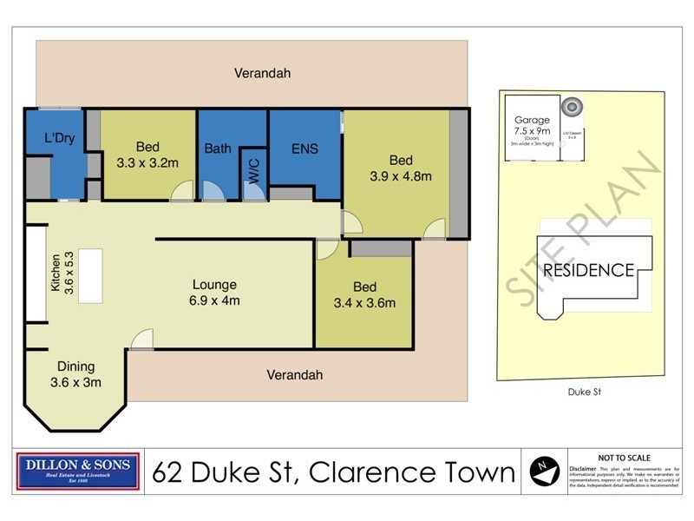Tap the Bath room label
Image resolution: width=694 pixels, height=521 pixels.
point(218,148)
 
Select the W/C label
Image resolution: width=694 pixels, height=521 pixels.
point(253,169)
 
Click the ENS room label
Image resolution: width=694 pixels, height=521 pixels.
point(304,148)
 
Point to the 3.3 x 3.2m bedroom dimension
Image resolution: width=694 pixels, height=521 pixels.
point(147,162)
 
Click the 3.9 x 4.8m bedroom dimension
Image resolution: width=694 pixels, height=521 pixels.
point(400,176)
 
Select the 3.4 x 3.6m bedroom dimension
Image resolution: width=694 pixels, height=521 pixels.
point(364,303)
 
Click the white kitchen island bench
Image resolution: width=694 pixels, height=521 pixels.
point(90,275)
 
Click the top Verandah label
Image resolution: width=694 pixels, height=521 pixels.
point(262,74)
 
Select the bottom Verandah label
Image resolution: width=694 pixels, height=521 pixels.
point(294,375)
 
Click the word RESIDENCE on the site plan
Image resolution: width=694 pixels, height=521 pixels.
point(589,270)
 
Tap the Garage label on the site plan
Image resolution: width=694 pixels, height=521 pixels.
point(532,121)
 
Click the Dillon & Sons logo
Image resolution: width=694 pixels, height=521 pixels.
point(79,472)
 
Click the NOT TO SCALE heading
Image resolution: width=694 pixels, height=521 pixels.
point(625,458)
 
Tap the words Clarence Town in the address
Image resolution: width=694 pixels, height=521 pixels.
point(412,473)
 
